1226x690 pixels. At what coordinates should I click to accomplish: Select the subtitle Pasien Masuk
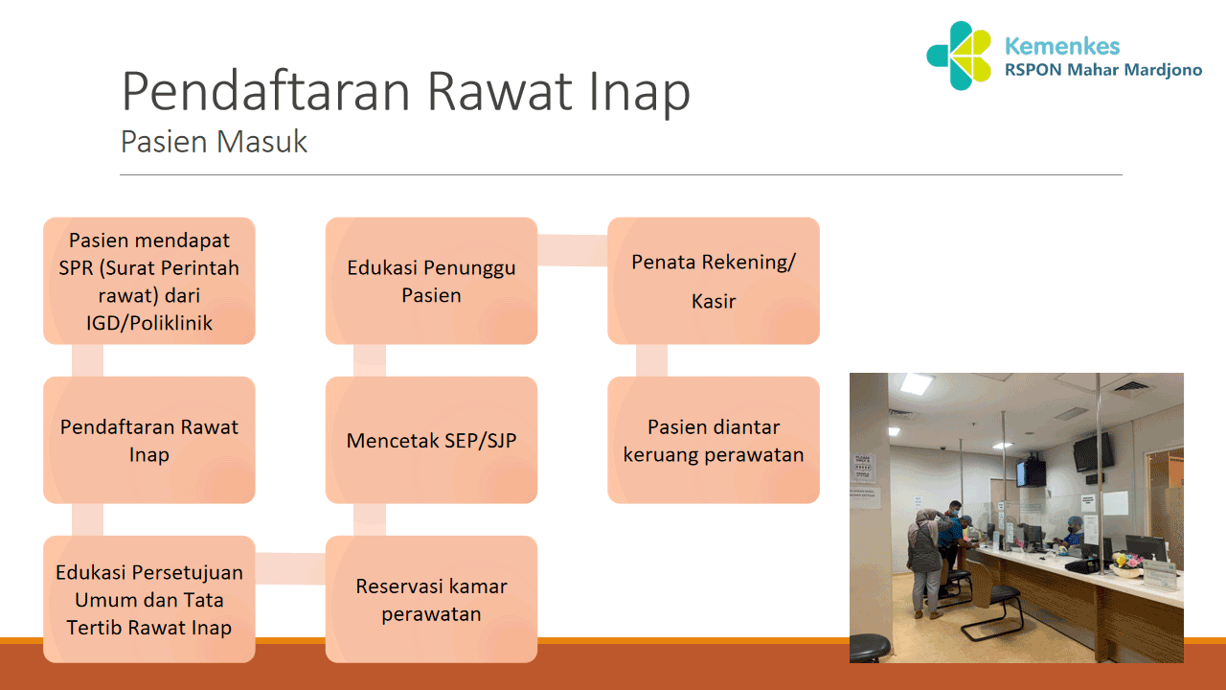pyautogui.click(x=214, y=142)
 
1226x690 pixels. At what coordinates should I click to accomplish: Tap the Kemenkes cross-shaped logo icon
pyautogui.click(x=959, y=56)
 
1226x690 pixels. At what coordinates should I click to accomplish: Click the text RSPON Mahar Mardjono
pyautogui.click(x=1101, y=71)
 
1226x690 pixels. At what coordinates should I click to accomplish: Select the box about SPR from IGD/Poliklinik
pyautogui.click(x=148, y=281)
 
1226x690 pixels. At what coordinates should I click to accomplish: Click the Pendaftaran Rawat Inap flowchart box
pyautogui.click(x=148, y=440)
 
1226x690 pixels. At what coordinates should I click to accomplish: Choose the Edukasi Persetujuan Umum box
pyautogui.click(x=148, y=599)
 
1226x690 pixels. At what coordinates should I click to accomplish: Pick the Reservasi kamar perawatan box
pyautogui.click(x=431, y=599)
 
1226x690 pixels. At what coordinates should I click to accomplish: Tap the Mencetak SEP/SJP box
pyautogui.click(x=431, y=440)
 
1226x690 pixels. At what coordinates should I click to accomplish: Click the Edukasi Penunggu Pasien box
pyautogui.click(x=431, y=281)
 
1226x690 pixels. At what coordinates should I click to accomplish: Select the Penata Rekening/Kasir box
pyautogui.click(x=714, y=281)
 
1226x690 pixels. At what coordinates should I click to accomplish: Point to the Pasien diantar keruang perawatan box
pyautogui.click(x=714, y=440)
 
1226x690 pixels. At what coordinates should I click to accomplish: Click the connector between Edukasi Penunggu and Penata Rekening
pyautogui.click(x=572, y=250)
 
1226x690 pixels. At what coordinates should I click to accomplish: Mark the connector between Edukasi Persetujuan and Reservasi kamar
pyautogui.click(x=290, y=568)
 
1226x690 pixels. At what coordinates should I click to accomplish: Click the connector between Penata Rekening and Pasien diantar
pyautogui.click(x=651, y=360)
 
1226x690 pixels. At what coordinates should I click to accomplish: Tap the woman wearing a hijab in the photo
pyautogui.click(x=923, y=556)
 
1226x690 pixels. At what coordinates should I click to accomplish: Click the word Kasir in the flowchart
pyautogui.click(x=714, y=301)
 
